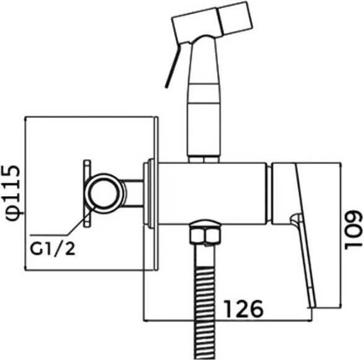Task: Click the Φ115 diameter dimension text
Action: (x=12, y=193)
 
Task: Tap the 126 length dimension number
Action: (x=244, y=309)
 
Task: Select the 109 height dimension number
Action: (x=353, y=230)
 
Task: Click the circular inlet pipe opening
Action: (x=103, y=193)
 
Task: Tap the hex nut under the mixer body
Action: (x=204, y=235)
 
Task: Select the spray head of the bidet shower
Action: (x=212, y=23)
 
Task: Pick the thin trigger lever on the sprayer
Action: (x=173, y=65)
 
